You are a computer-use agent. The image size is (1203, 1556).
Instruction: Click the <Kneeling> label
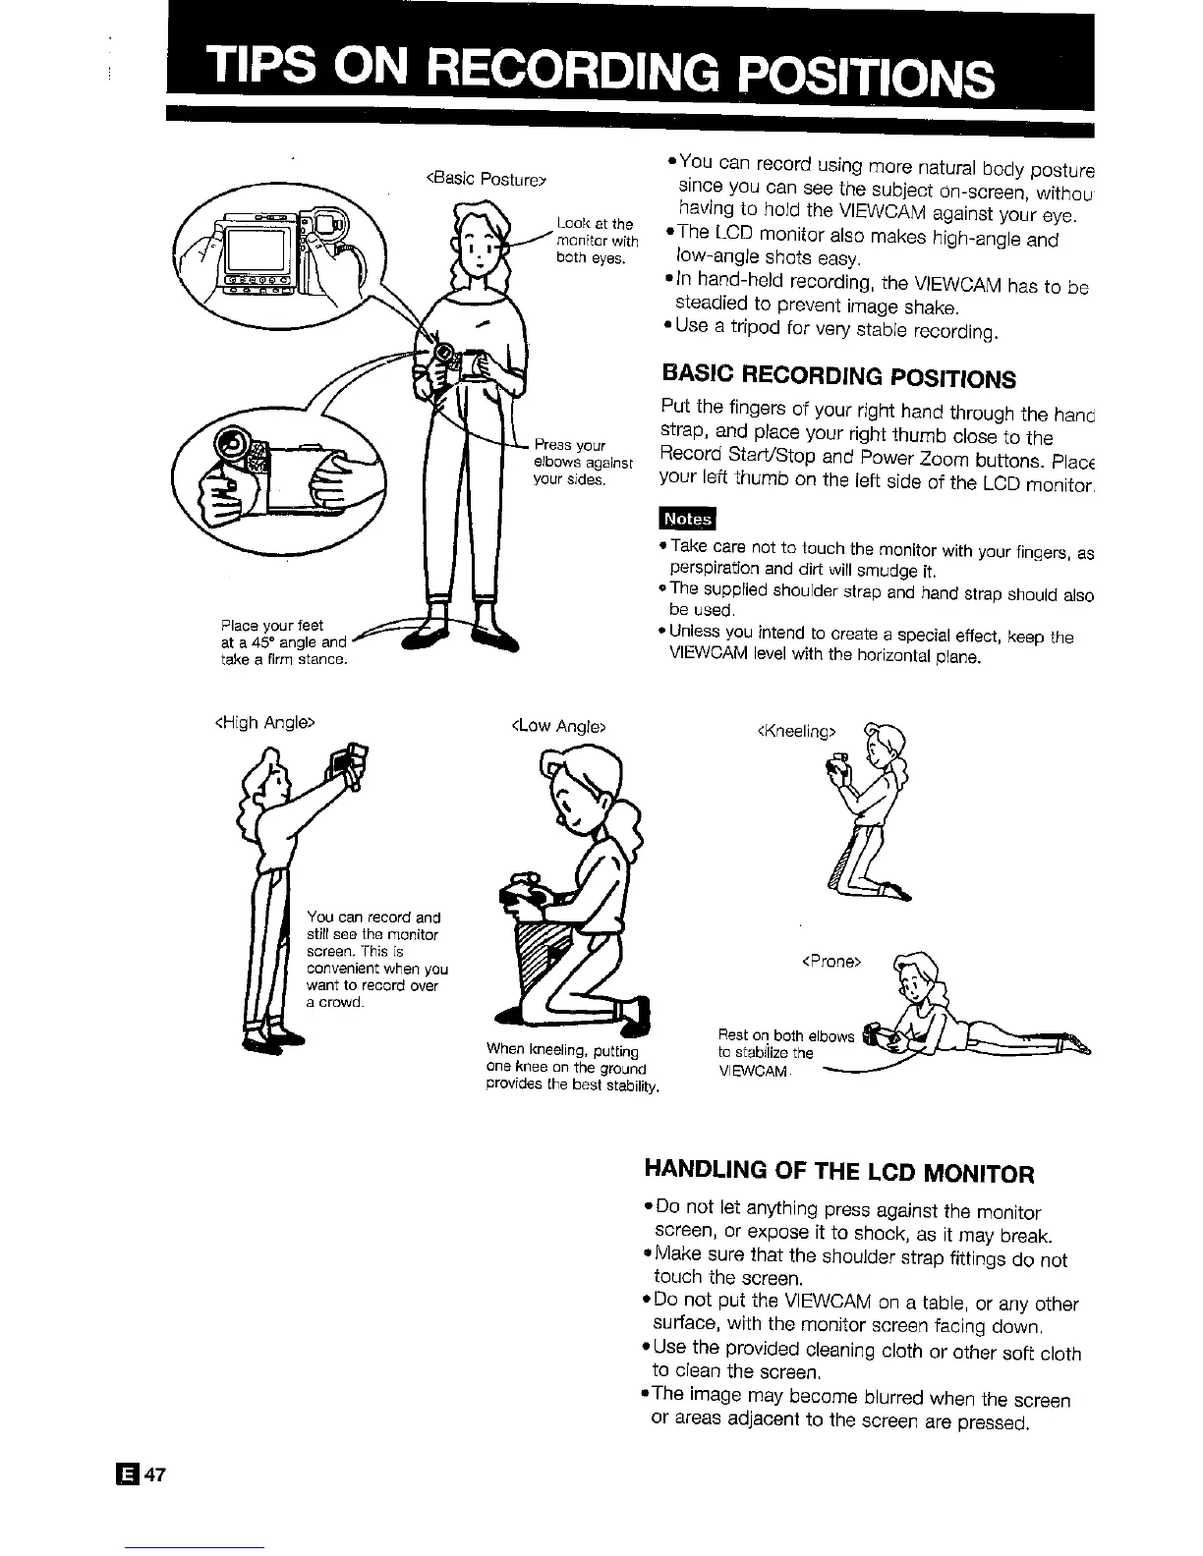click(797, 730)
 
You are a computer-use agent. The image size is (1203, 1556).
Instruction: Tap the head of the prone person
click(915, 978)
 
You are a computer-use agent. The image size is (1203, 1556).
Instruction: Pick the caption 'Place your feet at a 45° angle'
click(283, 642)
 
